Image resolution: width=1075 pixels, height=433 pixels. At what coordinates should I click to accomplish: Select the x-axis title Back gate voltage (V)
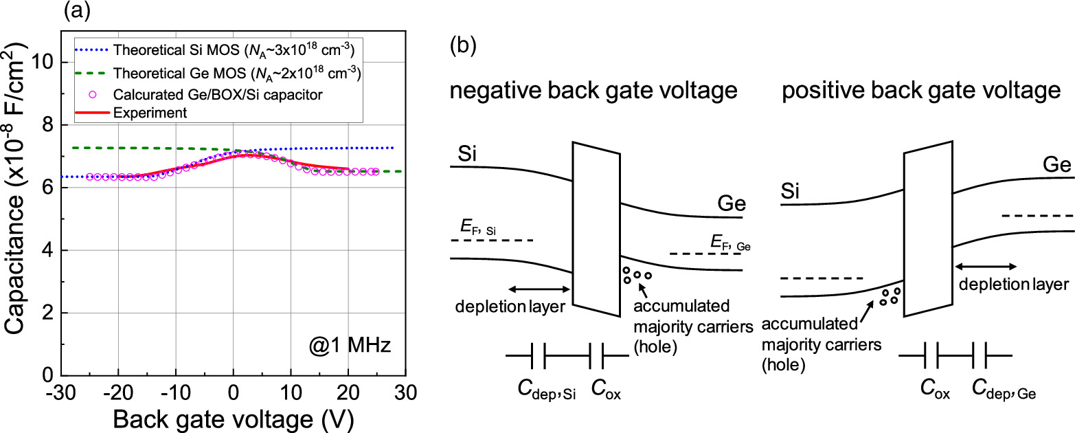click(234, 419)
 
